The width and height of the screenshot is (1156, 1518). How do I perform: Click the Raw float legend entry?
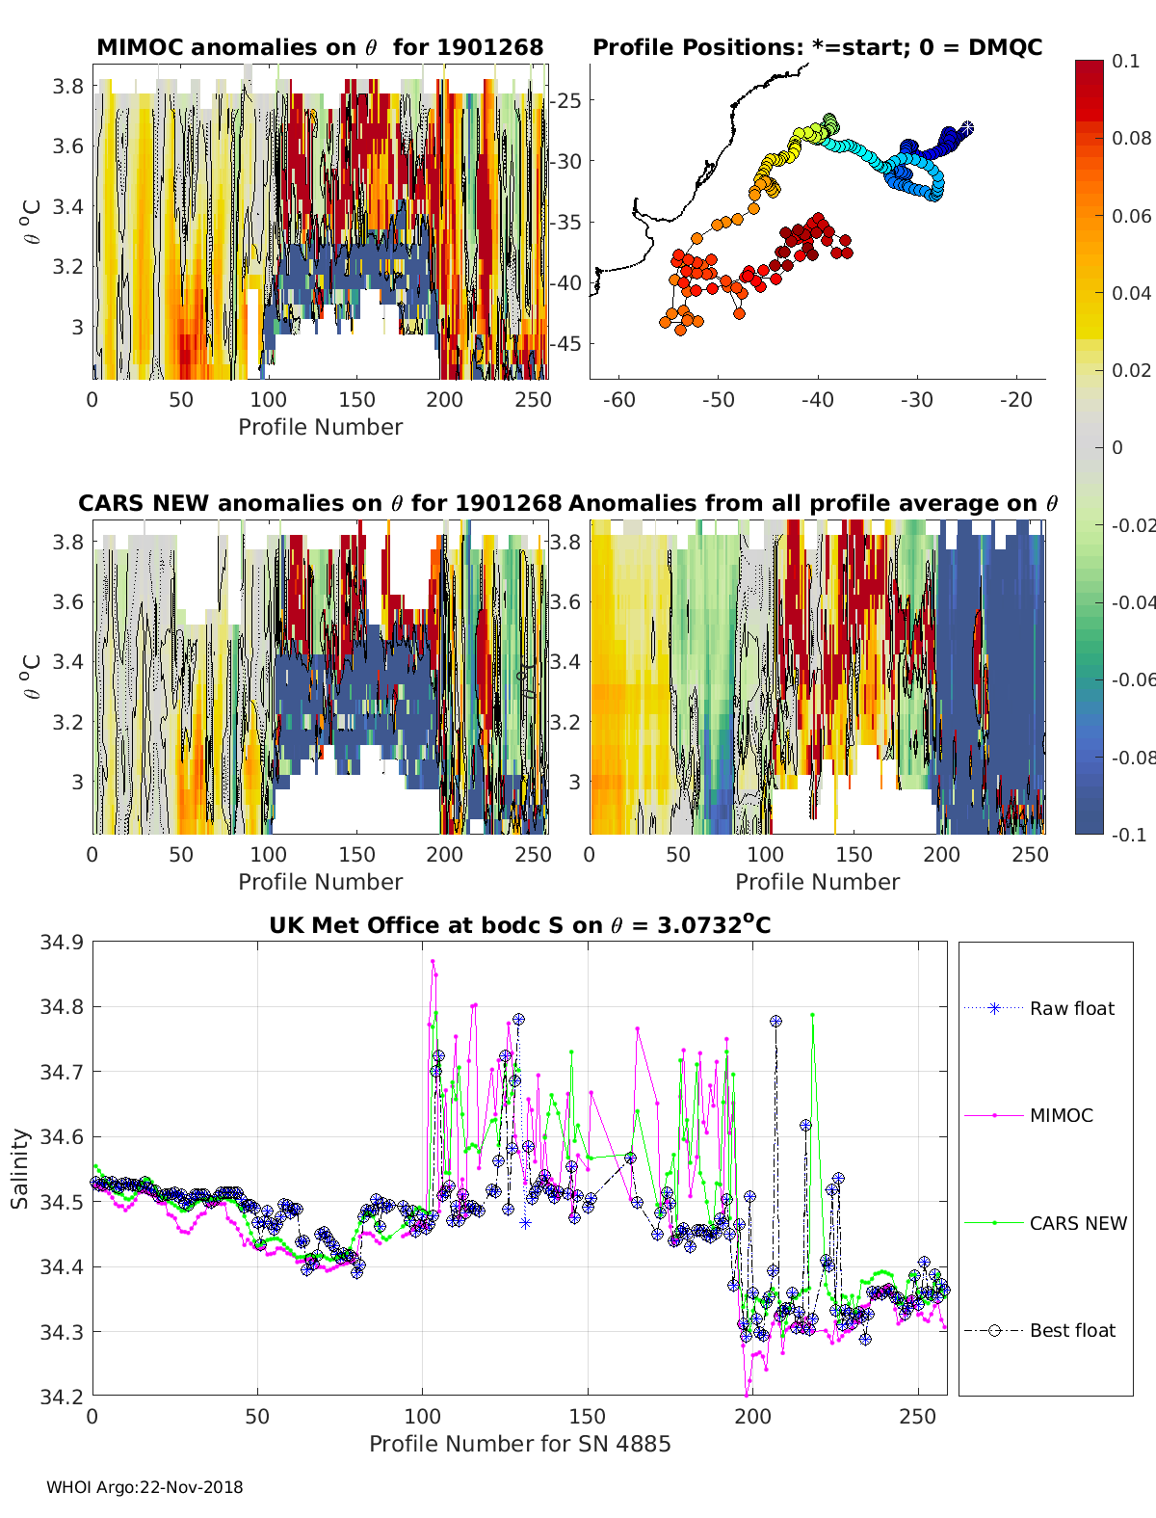coord(1039,1009)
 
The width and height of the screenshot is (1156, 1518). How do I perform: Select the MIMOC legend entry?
coord(1029,1115)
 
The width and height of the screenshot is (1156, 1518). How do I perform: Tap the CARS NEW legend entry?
coord(1045,1223)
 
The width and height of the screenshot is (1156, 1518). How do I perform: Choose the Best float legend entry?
coord(1039,1331)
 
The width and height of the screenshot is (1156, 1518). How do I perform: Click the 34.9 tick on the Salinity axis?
coord(62,943)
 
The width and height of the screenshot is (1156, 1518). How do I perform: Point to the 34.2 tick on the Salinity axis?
coord(62,1397)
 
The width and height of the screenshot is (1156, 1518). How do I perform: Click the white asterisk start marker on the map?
coord(967,128)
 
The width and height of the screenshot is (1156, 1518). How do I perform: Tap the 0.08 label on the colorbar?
coord(1131,139)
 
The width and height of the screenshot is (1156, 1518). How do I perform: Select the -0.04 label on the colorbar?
coord(1133,602)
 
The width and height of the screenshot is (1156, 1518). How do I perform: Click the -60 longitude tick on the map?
coord(618,400)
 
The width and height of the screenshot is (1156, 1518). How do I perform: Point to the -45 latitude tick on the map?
coord(565,344)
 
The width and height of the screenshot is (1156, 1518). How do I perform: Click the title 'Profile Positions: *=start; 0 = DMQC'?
coord(818,47)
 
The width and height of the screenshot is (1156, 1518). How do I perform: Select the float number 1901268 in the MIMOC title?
coord(490,47)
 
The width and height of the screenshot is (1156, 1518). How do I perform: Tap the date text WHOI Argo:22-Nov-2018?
coord(144,1487)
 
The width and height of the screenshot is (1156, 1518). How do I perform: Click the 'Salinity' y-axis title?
coord(20,1169)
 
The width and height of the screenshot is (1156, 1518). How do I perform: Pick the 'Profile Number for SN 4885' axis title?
coord(519,1444)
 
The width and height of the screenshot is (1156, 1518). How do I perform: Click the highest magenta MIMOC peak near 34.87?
coord(433,961)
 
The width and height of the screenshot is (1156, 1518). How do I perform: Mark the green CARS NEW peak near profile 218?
coord(813,1015)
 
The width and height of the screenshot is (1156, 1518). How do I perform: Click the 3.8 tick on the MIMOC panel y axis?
coord(67,87)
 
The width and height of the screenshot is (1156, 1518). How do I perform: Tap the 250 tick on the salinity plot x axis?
coord(918,1417)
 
